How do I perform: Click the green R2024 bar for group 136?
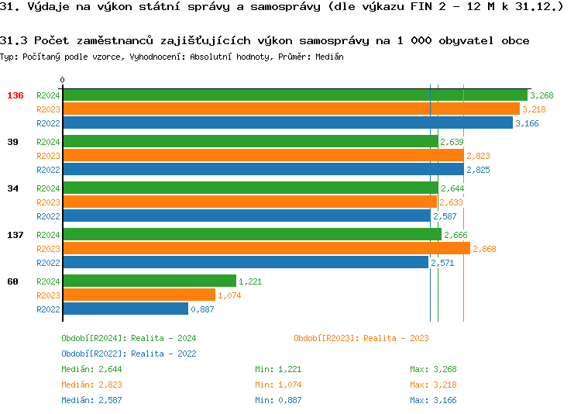pos(294,95)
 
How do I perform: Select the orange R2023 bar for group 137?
pos(266,249)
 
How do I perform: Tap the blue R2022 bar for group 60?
pos(125,309)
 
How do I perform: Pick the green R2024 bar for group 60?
pos(149,281)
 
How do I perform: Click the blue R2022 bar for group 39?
pos(263,170)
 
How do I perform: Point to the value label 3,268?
pos(541,95)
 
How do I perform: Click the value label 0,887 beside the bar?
pos(202,309)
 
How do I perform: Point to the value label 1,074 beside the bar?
pos(229,295)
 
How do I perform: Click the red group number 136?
pos(15,95)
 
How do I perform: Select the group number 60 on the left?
pos(12,281)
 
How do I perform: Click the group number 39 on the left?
pos(12,142)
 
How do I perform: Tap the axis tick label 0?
pos(63,80)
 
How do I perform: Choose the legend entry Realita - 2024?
pos(129,338)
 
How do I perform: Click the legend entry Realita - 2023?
pos(361,338)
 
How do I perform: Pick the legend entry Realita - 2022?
pos(129,354)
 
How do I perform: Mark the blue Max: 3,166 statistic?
pos(434,400)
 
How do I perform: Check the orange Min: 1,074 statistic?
pos(279,385)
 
